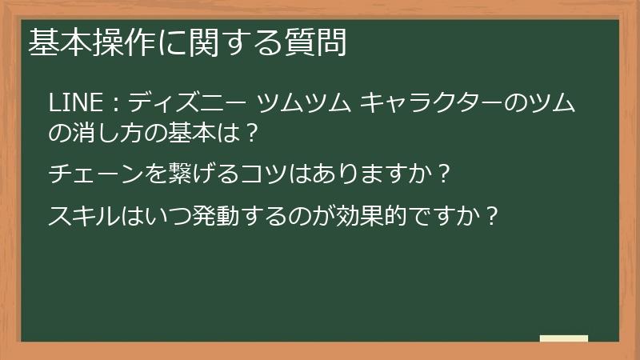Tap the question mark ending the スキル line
[x=493, y=215]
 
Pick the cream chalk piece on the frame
[x=563, y=338]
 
